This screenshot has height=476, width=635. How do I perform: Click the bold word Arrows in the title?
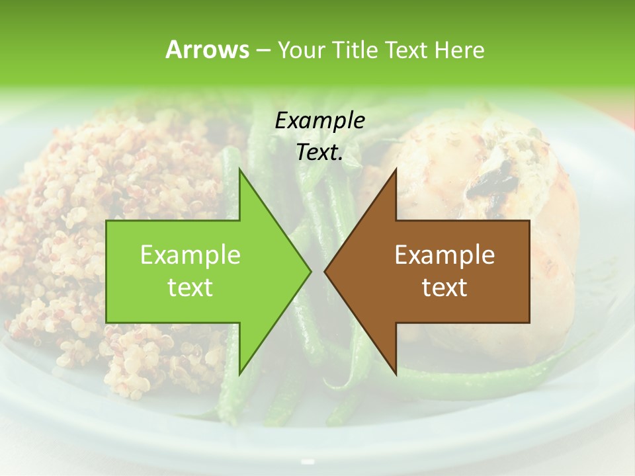click(206, 50)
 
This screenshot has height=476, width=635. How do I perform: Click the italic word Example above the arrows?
click(319, 121)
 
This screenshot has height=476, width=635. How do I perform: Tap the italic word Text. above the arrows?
click(319, 152)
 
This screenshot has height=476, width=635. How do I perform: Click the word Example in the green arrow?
click(190, 255)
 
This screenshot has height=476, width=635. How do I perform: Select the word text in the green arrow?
click(190, 288)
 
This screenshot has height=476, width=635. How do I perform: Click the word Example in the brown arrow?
click(444, 255)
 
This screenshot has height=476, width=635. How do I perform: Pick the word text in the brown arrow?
click(444, 288)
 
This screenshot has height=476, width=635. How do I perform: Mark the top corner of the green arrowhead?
click(239, 170)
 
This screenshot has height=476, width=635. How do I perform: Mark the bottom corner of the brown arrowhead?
click(396, 373)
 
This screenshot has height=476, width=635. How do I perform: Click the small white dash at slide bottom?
click(308, 461)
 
